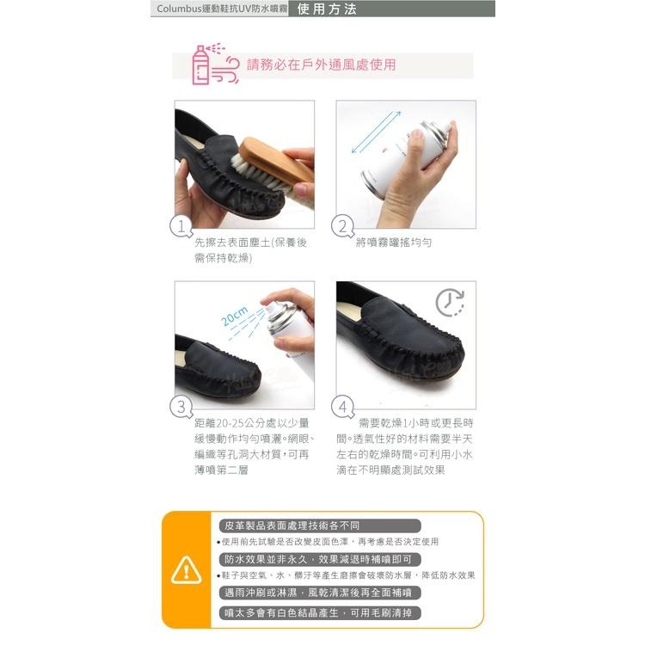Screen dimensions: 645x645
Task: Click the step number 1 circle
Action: pos(181,226)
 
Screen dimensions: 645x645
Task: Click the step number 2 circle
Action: pos(342,226)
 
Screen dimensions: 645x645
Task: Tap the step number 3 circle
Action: pos(181,407)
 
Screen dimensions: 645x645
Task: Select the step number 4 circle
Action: pos(342,407)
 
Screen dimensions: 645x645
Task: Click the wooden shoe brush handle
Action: pos(275,162)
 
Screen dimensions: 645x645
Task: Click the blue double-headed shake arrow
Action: pos(376,132)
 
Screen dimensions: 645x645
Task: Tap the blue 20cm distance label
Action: pos(235,316)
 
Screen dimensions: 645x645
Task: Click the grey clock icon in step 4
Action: pos(451,303)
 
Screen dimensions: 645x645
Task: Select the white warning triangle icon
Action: pos(187,570)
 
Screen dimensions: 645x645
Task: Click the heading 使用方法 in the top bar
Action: pos(327,9)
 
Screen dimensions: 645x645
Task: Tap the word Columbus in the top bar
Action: pos(179,9)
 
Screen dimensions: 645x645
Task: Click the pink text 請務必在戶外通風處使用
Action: pos(322,65)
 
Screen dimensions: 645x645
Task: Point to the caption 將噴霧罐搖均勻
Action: pos(394,243)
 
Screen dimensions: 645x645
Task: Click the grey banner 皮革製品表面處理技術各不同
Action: pos(320,525)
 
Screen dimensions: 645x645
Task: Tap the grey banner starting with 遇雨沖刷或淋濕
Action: pos(320,593)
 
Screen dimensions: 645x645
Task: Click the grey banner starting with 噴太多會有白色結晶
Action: pos(320,613)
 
